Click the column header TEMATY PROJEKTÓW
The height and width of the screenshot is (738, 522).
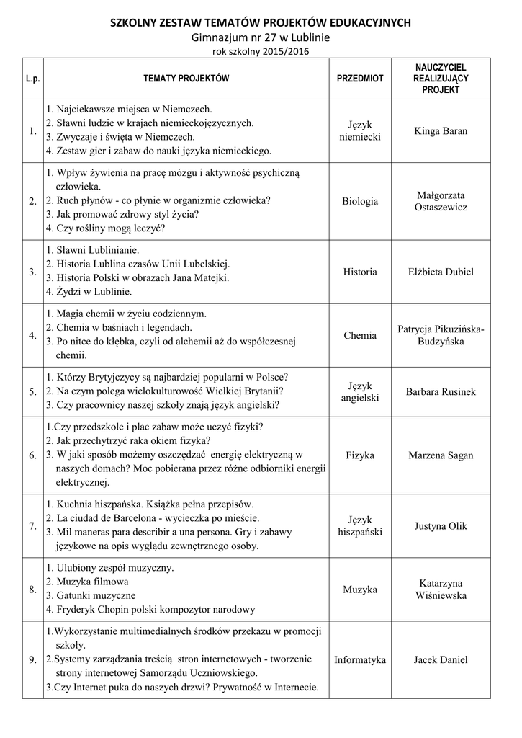pyautogui.click(x=186, y=78)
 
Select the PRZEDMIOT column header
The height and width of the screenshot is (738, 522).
pyautogui.click(x=360, y=78)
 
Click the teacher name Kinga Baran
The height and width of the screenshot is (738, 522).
pyautogui.click(x=441, y=131)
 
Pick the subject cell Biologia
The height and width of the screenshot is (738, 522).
pyautogui.click(x=360, y=201)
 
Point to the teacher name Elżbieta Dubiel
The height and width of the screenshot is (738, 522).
pyautogui.click(x=441, y=272)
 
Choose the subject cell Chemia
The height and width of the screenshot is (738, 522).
pyautogui.click(x=360, y=335)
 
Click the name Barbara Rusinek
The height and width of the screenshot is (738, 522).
pyautogui.click(x=441, y=392)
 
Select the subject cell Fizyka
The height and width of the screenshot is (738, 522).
pyautogui.click(x=360, y=455)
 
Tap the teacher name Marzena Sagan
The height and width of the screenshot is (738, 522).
pyautogui.click(x=441, y=455)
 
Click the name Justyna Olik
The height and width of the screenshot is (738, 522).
pyautogui.click(x=441, y=526)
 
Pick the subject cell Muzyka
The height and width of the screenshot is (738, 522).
pyautogui.click(x=360, y=590)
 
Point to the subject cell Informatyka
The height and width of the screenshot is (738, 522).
pyautogui.click(x=360, y=659)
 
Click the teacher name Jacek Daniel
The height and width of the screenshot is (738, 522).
pyautogui.click(x=441, y=659)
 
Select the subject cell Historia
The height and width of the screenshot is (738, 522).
pyautogui.click(x=360, y=272)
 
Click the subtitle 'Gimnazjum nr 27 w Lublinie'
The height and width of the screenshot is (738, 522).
pyautogui.click(x=260, y=37)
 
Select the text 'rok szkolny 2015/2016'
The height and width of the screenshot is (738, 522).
pyautogui.click(x=260, y=52)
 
